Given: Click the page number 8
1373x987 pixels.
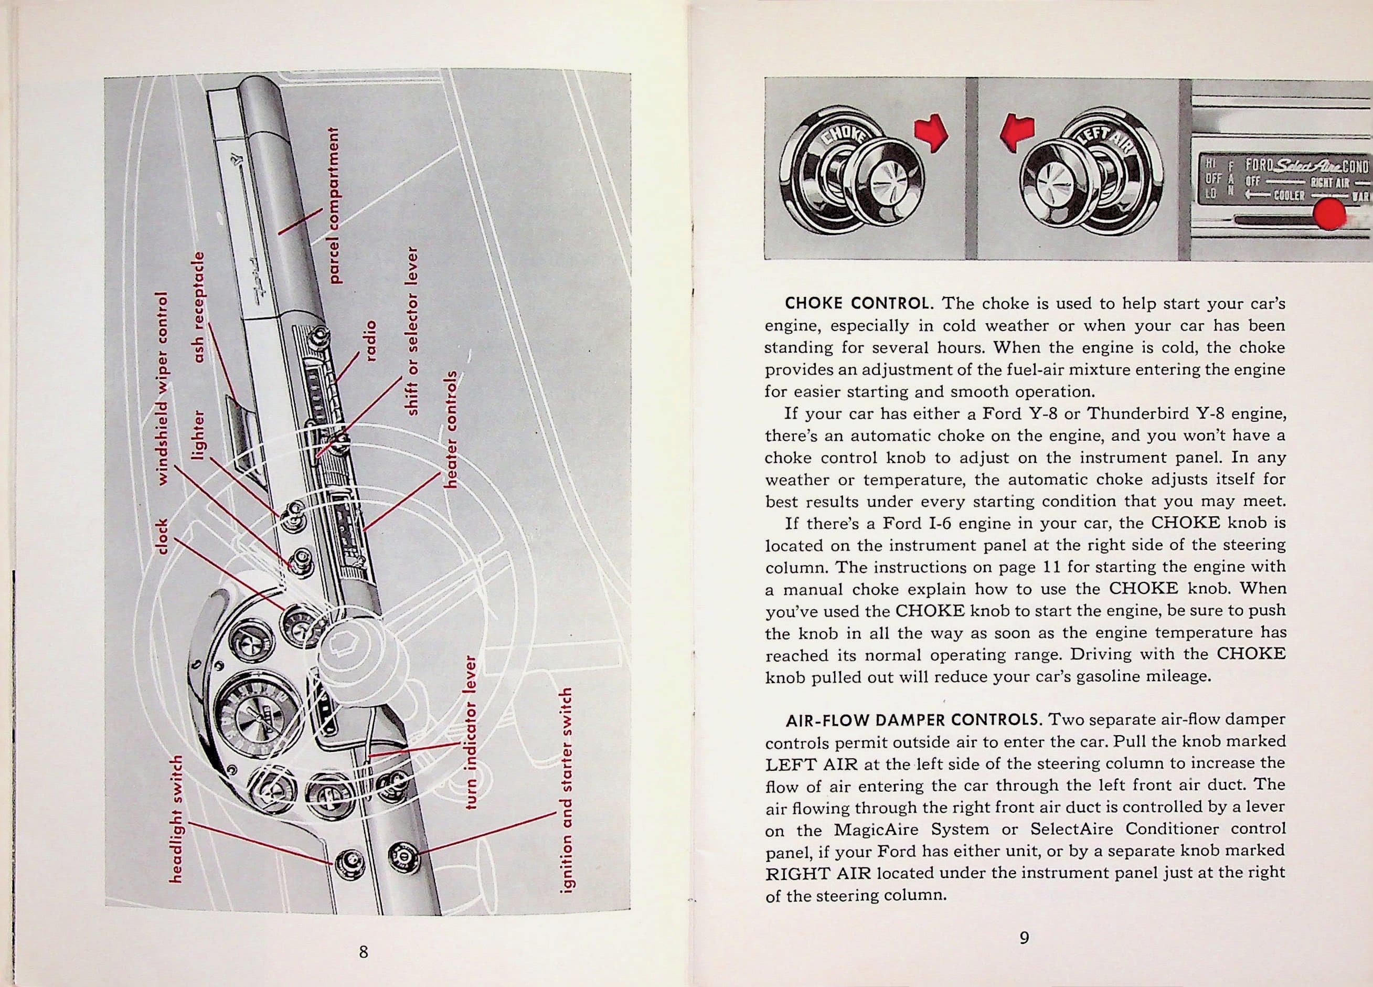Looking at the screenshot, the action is point(363,951).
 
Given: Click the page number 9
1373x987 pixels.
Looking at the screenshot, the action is point(1024,937).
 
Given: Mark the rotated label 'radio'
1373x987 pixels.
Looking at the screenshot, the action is point(370,341).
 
